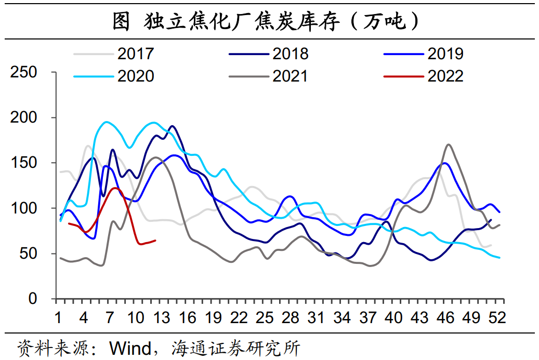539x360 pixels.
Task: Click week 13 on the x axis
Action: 161,317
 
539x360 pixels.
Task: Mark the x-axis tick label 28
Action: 291,317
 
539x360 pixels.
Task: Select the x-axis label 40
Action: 394,317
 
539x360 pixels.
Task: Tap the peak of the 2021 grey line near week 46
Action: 448,144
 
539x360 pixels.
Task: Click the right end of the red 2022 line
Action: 156,240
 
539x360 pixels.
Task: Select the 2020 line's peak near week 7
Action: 107,122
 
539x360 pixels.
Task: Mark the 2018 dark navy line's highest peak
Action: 172,126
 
